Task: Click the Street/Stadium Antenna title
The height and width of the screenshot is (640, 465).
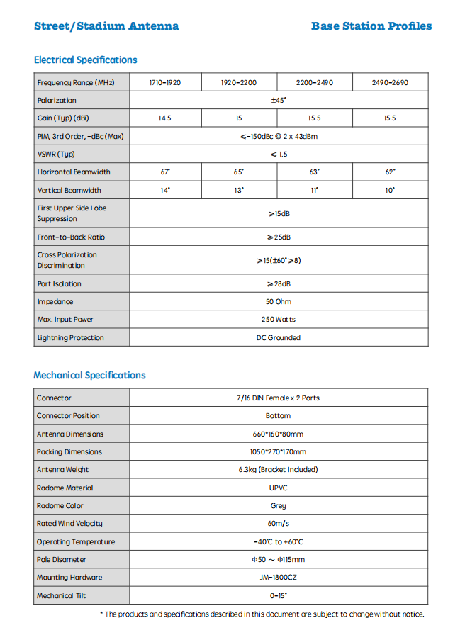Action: coord(106,26)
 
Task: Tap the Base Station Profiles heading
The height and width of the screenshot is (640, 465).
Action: coord(371,26)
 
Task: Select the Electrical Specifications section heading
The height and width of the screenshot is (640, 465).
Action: coord(85,60)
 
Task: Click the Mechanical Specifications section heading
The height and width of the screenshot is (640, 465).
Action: coord(89,376)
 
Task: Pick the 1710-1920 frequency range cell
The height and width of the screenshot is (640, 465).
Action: coord(165,83)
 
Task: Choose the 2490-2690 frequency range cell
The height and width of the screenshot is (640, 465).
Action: coord(390,83)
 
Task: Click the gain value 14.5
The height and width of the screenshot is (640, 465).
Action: coord(165,118)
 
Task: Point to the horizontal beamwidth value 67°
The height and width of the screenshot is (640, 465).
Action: coord(165,172)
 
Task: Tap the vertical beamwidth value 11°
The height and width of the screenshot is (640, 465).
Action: coord(314,191)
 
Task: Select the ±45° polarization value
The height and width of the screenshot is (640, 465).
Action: coord(279,101)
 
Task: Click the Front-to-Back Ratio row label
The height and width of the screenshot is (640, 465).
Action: coord(71,237)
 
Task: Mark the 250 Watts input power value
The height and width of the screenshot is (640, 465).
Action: coord(279,320)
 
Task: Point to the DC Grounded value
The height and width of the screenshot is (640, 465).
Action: coord(279,338)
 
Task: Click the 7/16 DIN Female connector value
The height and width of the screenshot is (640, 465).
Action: coord(279,398)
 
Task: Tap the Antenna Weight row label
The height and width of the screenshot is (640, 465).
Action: coord(63,470)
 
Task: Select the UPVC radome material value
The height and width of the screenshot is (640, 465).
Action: coord(279,488)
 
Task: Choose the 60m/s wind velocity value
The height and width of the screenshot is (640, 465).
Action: coord(279,524)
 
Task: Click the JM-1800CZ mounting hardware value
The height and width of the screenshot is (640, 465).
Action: coord(279,578)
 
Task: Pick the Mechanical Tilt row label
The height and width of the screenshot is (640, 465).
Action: coord(62,596)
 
